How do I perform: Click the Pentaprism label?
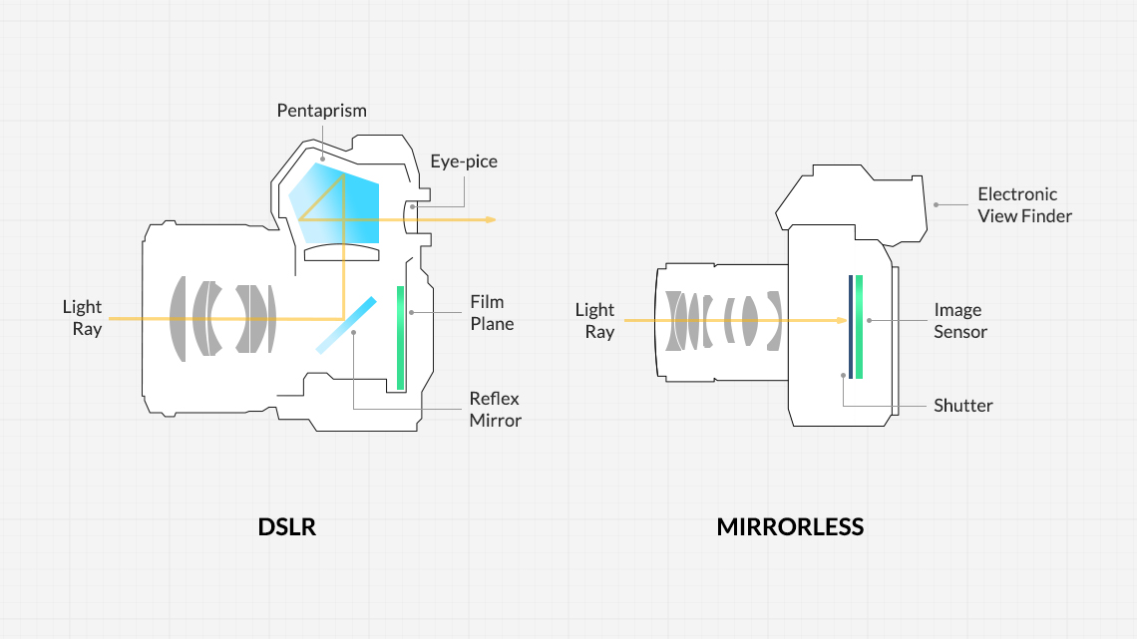coord(321,111)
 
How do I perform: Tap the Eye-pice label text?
coord(464,161)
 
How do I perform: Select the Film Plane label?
coord(492,313)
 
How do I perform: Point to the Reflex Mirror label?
coord(496,410)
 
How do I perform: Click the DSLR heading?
coord(287,526)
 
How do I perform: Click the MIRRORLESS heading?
coord(790,526)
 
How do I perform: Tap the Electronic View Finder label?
coord(1024,205)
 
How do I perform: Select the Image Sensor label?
coord(960,321)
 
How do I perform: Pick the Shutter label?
coord(963,406)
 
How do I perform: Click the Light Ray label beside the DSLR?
coord(82,318)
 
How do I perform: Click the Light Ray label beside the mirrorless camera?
coord(594,321)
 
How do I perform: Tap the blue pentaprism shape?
coord(334,202)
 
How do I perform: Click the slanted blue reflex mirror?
coord(346,325)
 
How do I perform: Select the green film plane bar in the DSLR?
coord(400,338)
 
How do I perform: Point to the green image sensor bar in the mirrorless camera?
coord(860,327)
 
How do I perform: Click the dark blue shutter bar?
coord(851,327)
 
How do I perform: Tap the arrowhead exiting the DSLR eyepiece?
coord(492,219)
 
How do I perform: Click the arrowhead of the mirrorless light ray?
coord(843,320)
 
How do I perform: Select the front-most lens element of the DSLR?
coord(178,319)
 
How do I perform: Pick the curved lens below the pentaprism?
coord(341,252)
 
